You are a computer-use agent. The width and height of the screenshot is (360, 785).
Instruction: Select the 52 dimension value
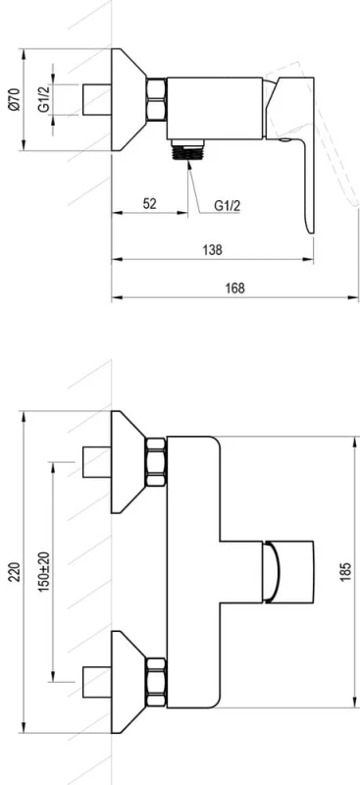point(149,203)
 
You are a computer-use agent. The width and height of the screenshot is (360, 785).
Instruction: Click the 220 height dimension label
point(14,570)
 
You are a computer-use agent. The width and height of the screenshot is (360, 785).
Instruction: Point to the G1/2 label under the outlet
point(227,206)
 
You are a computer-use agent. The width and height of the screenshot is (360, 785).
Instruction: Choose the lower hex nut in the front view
point(157,679)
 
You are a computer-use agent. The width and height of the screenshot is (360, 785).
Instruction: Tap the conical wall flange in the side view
point(128,98)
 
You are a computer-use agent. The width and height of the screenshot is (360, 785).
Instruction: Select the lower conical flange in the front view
point(128,679)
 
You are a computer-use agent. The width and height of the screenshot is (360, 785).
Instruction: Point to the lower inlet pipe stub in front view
point(95,679)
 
